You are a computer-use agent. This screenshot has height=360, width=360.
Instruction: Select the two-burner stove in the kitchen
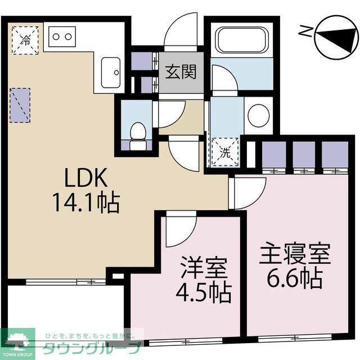62,37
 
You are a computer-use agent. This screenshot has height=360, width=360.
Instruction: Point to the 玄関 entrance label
180,72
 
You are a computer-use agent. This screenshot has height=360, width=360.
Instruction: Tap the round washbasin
258,115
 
